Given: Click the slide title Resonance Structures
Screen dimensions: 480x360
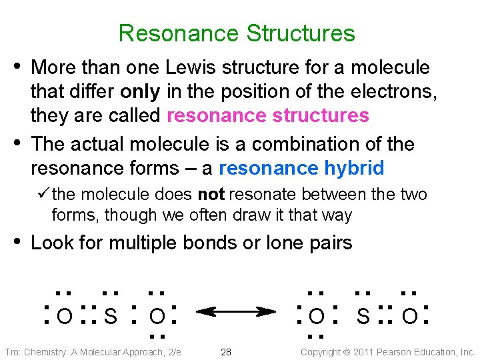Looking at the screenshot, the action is click(237, 33).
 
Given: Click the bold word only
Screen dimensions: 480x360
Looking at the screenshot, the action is click(141, 91).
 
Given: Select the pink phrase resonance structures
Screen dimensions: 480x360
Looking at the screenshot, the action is click(267, 115).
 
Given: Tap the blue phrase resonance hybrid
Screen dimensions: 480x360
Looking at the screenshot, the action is click(301, 168).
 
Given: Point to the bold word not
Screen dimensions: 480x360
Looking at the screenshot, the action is click(211, 195).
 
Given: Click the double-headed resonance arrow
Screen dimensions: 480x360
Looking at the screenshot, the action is click(237, 311).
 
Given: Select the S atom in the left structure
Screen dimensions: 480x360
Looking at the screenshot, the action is click(111, 315).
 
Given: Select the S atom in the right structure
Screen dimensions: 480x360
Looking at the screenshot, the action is click(363, 315).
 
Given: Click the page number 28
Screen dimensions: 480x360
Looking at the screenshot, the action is click(226, 352).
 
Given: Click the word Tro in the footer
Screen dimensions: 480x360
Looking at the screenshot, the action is click(11, 352).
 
